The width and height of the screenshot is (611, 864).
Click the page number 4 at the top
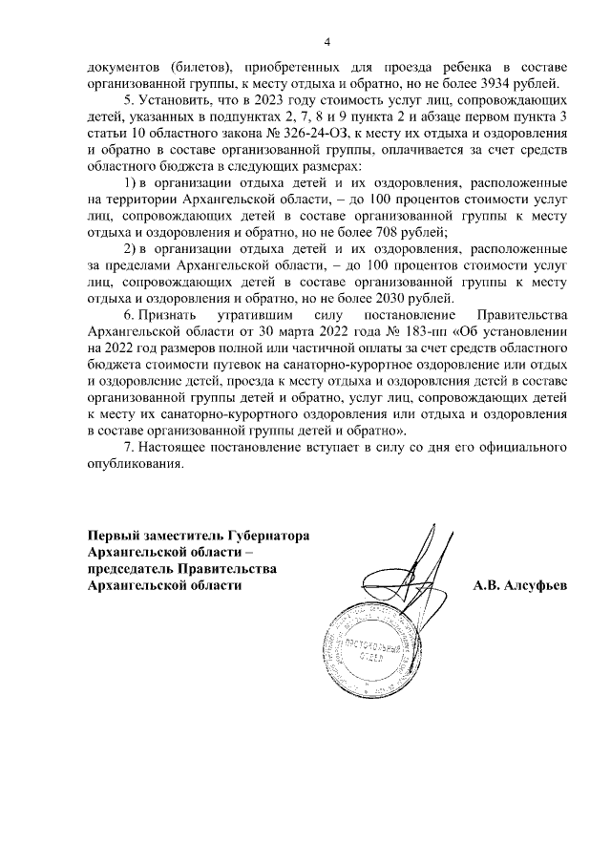click(327, 42)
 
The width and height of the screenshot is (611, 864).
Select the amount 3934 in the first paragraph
click(492, 82)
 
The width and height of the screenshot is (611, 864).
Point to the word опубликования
click(133, 463)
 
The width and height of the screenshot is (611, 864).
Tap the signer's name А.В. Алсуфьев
click(519, 585)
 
